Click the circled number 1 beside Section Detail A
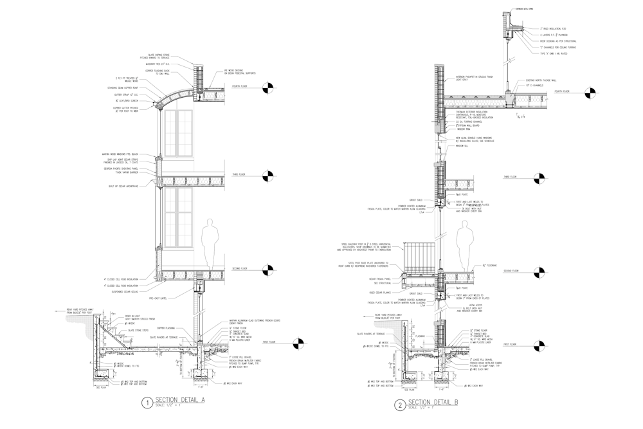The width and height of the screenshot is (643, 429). coord(147,403)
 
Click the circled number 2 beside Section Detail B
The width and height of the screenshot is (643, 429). coord(400,405)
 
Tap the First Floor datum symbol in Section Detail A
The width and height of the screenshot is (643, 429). coord(294,343)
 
